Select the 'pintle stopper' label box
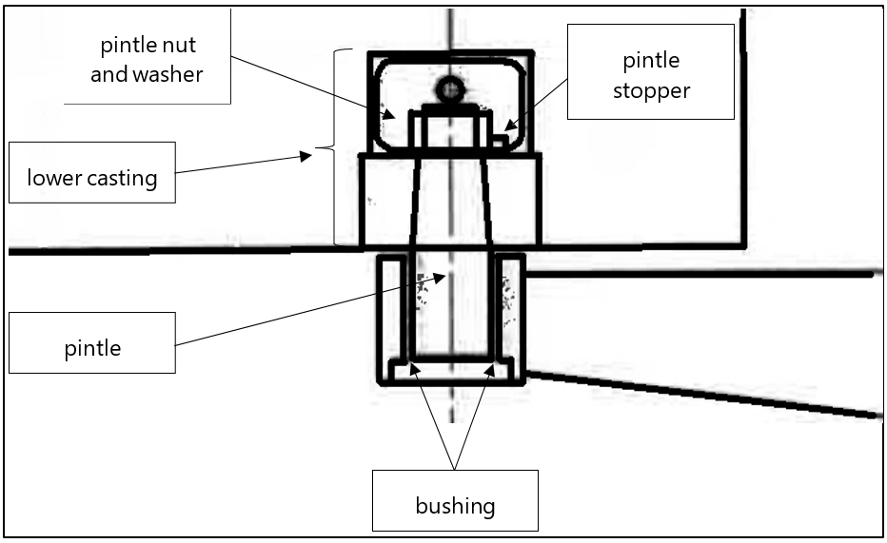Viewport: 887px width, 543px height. coord(651,72)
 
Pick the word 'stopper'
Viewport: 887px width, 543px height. coord(651,91)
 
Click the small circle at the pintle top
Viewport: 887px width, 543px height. coord(449,90)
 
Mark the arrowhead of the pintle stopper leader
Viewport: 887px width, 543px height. coord(509,126)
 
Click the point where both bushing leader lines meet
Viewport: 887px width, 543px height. coord(455,469)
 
